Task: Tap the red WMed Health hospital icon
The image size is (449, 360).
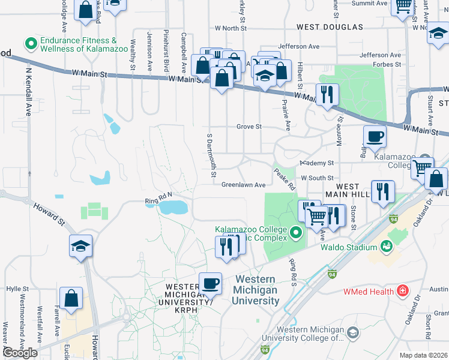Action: tap(402, 292)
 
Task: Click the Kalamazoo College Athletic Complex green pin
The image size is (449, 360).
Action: tap(295, 232)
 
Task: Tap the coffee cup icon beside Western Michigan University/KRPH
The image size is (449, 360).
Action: tap(210, 283)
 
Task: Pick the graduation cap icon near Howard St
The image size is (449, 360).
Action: tap(80, 246)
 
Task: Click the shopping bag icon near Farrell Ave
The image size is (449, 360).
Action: tap(71, 298)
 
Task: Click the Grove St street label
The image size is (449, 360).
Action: tap(249, 127)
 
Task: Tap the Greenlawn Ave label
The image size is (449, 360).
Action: tap(243, 185)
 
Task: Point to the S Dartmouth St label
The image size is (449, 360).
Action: tap(211, 155)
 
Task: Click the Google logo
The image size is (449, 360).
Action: tap(20, 353)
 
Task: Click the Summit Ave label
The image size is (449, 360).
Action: tap(369, 3)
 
